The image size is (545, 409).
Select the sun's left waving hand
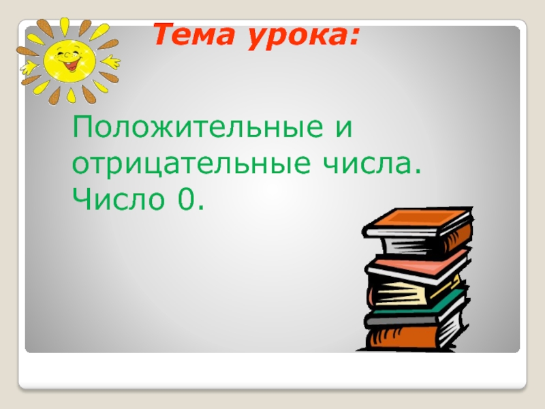(x=29, y=67)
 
